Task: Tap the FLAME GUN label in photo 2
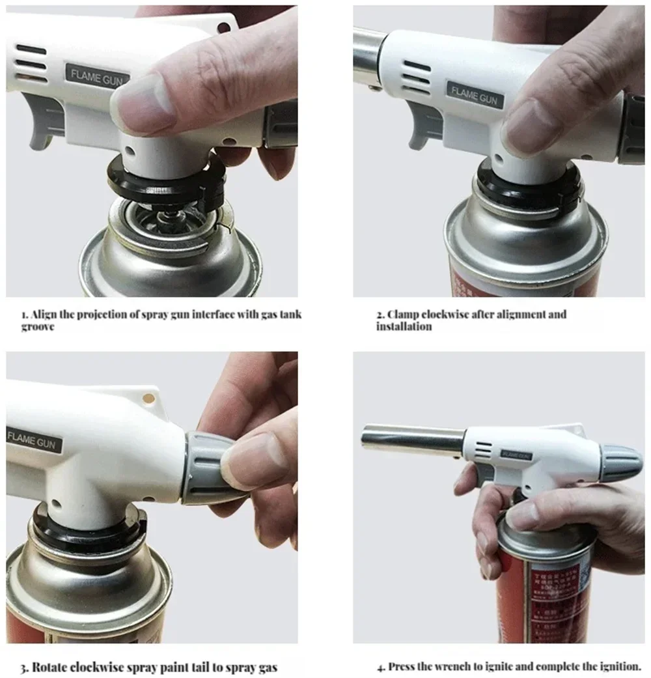(475, 95)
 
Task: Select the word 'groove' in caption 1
(37, 326)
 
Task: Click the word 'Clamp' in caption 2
(402, 315)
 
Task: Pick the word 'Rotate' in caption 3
(50, 667)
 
